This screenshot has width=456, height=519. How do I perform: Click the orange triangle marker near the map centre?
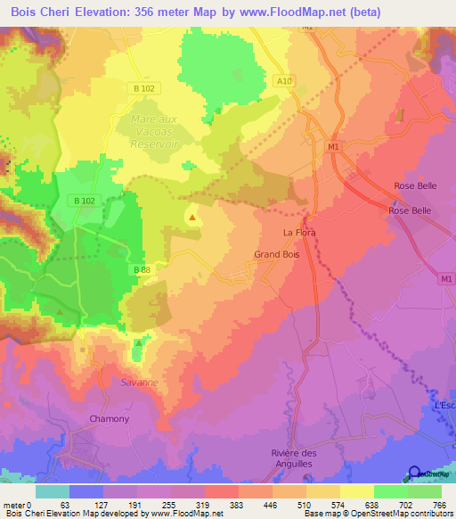pos(192,217)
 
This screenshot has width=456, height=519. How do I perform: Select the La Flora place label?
pos(299,233)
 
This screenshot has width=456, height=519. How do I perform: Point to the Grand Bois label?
pos(274,254)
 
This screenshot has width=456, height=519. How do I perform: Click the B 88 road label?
pos(142,269)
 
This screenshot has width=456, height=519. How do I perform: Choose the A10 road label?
pos(284,80)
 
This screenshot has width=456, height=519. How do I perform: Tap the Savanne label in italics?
pos(139,382)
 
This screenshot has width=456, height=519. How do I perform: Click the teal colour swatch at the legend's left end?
pos(52,491)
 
